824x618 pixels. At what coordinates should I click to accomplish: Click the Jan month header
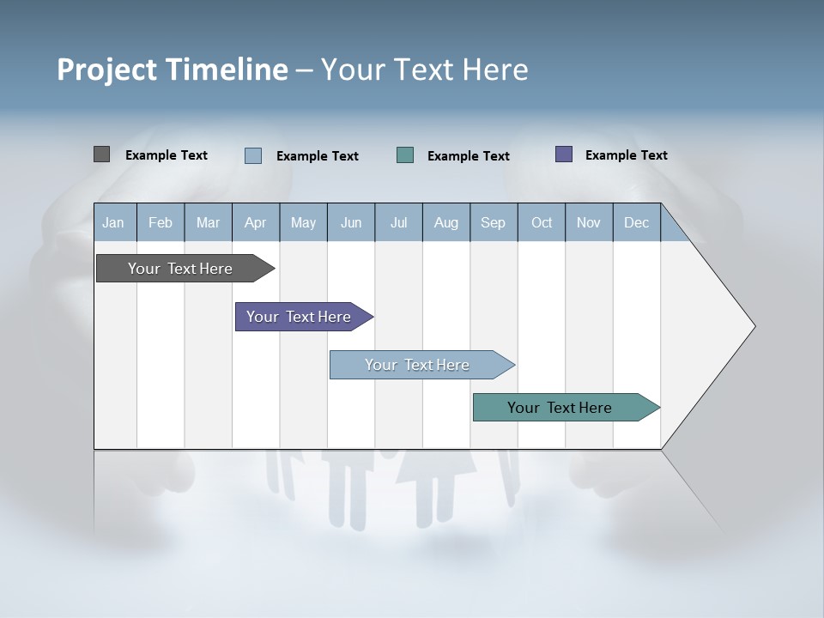click(113, 222)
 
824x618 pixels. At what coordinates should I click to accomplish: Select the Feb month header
click(161, 222)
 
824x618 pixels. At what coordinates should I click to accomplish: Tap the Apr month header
click(255, 222)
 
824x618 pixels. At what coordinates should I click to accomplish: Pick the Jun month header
click(351, 222)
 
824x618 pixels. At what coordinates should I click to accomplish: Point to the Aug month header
click(445, 222)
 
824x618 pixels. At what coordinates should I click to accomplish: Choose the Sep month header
click(493, 222)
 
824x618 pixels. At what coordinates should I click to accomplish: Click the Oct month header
click(542, 222)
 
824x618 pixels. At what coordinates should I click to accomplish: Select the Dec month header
click(636, 222)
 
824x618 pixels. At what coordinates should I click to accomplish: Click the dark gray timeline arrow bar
click(180, 269)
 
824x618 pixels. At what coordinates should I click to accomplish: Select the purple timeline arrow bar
click(299, 317)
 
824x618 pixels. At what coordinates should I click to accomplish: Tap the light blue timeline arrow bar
click(417, 365)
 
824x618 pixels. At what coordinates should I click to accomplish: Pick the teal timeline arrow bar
click(560, 408)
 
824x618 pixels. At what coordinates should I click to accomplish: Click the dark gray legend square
click(101, 154)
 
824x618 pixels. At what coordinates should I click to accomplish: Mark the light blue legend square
click(253, 155)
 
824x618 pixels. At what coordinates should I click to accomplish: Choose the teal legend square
click(405, 155)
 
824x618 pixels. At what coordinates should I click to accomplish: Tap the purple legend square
click(564, 154)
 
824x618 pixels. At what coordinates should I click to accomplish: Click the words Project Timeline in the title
click(173, 70)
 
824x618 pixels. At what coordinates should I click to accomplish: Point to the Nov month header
click(589, 222)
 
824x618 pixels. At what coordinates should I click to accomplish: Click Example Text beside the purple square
click(626, 155)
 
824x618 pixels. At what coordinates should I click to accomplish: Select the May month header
click(303, 222)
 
